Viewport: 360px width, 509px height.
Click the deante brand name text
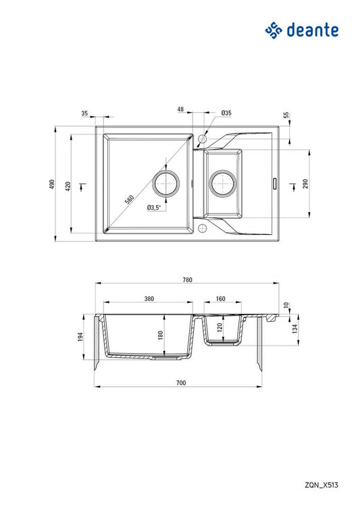tap(313, 30)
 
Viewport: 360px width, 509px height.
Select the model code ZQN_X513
tap(322, 485)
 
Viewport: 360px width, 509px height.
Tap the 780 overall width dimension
tap(188, 279)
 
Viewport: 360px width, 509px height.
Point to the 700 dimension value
tap(181, 383)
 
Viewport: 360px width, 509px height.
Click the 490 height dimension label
tap(52, 184)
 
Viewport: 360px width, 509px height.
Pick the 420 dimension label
tap(68, 186)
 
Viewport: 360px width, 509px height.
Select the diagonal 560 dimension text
tap(129, 199)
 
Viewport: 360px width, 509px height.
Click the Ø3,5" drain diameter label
tap(154, 207)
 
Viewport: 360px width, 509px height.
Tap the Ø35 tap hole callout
tap(226, 113)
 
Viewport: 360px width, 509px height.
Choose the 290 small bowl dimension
tap(305, 184)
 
